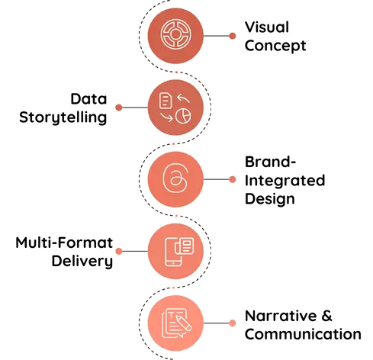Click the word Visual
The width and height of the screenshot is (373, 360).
tap(267, 27)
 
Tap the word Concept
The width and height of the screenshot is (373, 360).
tap(275, 46)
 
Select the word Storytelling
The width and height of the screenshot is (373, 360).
tap(63, 118)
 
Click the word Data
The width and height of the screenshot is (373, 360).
tap(88, 98)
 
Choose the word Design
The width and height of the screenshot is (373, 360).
tap(270, 199)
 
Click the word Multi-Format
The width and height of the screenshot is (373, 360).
tap(64, 243)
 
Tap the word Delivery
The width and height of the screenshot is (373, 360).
tap(82, 262)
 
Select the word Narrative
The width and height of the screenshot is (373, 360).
tap(281, 316)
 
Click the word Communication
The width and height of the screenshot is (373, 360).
tap(303, 334)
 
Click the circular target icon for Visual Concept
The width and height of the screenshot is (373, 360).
tap(175, 34)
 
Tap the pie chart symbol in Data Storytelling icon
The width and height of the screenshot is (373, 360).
tap(183, 116)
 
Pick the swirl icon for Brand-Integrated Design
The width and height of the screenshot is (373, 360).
tap(175, 178)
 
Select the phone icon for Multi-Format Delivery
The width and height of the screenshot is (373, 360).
tap(173, 252)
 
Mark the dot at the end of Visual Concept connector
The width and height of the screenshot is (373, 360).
tap(232, 36)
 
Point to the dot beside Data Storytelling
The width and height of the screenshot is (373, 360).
tap(119, 108)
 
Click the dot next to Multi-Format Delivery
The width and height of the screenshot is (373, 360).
tap(119, 251)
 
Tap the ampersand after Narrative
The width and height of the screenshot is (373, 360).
tap(326, 316)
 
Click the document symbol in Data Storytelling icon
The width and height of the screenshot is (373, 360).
tap(166, 101)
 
